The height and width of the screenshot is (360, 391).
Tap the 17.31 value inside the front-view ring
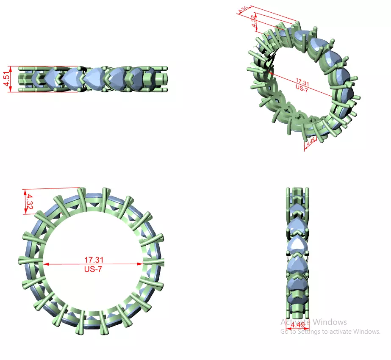94,259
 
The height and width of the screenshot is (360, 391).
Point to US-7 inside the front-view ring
94,269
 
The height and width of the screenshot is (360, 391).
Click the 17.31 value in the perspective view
301,81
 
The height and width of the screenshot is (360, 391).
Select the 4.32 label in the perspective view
254,21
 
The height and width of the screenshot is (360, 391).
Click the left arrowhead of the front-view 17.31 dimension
46,264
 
